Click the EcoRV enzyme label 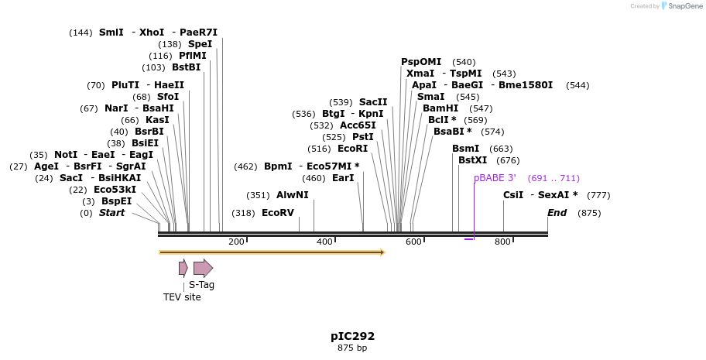pos(277,213)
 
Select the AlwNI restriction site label pos(292,195)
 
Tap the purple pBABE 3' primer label pos(495,178)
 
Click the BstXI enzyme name pos(473,160)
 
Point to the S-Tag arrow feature pos(203,269)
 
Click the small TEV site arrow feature pos(183,268)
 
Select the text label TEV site pos(182,297)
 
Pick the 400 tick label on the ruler pos(325,242)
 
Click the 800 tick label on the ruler pos(502,242)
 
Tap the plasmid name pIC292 pos(352,336)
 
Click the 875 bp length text pos(352,348)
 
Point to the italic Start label pos(111,213)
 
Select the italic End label pos(557,213)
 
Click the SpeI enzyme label pos(200,44)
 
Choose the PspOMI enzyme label pos(420,62)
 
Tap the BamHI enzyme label pos(440,108)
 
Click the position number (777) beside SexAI pos(598,195)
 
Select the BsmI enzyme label pos(465,149)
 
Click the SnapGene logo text pos(682,6)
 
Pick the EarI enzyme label pos(342,178)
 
